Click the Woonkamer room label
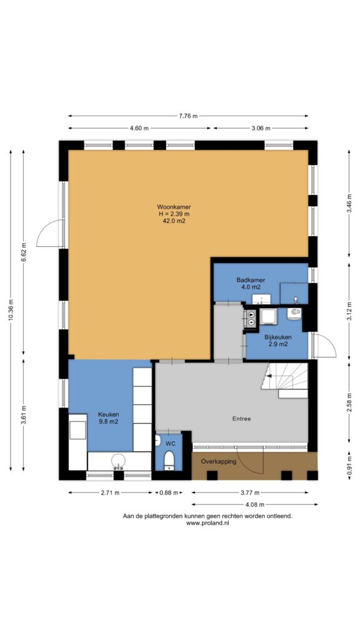tap(174, 206)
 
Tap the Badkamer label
tap(251, 280)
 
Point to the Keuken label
tap(108, 415)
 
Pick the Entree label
tap(242, 419)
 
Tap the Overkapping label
tap(218, 462)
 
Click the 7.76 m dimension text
tap(187, 116)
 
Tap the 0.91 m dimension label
tap(349, 465)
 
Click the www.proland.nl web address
tap(207, 523)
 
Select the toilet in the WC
tap(169, 460)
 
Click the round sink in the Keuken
tap(118, 461)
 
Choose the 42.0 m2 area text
tap(174, 221)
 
